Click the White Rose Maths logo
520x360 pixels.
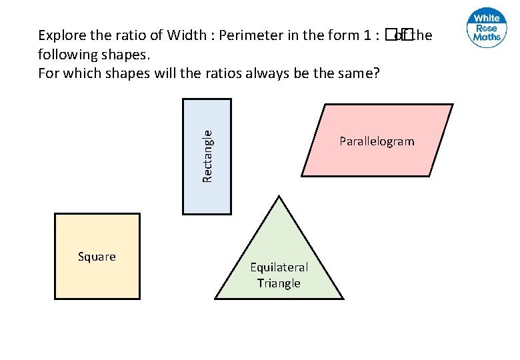487,29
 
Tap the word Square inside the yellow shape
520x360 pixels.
97,257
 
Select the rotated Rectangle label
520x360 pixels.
207,156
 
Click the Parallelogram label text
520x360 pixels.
377,141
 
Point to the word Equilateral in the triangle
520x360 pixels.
279,267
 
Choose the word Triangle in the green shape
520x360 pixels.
279,283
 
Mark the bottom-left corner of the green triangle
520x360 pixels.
215,298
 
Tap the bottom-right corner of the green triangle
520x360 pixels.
343,298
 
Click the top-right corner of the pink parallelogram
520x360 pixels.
452,105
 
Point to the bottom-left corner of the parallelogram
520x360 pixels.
302,175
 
